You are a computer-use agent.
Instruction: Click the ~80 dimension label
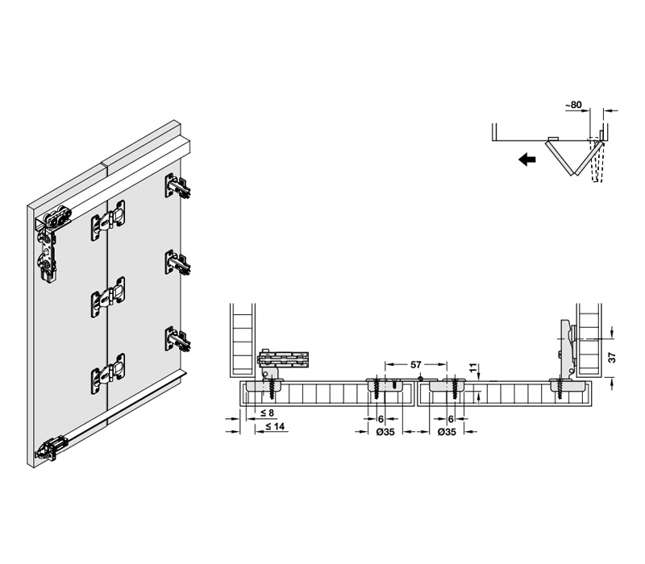[573, 105]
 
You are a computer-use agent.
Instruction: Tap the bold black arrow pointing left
[527, 159]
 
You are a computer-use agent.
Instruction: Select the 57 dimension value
[416, 365]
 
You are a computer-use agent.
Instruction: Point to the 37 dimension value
[612, 357]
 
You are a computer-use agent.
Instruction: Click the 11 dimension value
[474, 367]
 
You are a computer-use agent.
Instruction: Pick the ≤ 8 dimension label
[268, 413]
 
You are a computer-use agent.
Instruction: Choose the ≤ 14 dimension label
[275, 426]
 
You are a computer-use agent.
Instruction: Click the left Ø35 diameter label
[385, 432]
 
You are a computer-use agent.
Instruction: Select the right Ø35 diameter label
[447, 432]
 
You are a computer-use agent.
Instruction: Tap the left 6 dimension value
[381, 419]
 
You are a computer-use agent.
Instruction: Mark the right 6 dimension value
[451, 419]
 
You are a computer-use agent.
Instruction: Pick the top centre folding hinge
[108, 220]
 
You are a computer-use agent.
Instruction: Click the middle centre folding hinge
[108, 297]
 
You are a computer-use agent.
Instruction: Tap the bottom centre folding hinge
[108, 374]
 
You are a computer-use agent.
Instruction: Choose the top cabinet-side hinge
[177, 186]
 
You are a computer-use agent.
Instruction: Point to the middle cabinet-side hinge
[177, 263]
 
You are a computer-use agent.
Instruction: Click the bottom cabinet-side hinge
[177, 338]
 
